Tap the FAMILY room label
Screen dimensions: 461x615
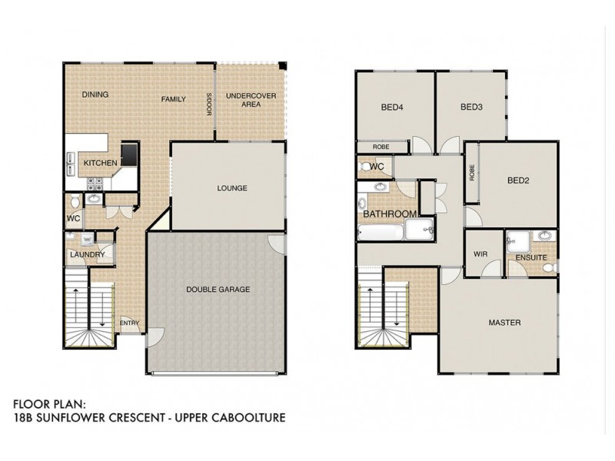point(175,99)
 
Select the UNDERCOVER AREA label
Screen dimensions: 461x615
point(244,99)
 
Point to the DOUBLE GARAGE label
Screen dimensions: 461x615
point(218,289)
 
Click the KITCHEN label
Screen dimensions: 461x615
point(100,163)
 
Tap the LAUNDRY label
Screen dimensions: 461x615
point(82,254)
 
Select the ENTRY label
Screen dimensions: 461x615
point(130,323)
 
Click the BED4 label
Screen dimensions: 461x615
point(392,108)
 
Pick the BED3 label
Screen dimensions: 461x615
point(471,108)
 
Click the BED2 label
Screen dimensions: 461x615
point(520,181)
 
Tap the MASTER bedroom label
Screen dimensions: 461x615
point(505,323)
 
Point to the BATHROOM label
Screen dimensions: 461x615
point(391,214)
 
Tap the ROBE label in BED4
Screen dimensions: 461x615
point(381,147)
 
